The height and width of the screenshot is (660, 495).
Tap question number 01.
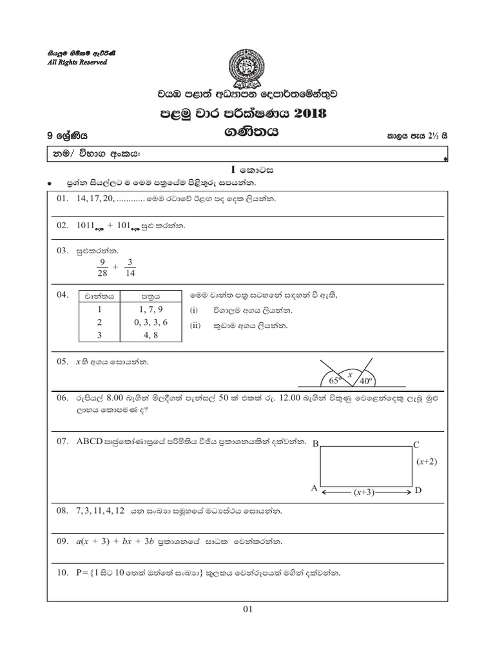point(63,199)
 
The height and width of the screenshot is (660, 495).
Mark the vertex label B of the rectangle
point(315,444)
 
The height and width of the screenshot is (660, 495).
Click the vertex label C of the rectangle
point(416,444)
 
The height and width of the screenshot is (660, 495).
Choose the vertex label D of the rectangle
point(418,490)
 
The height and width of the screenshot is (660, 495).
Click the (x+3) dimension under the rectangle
point(365,492)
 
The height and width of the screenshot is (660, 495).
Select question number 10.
point(63,572)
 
